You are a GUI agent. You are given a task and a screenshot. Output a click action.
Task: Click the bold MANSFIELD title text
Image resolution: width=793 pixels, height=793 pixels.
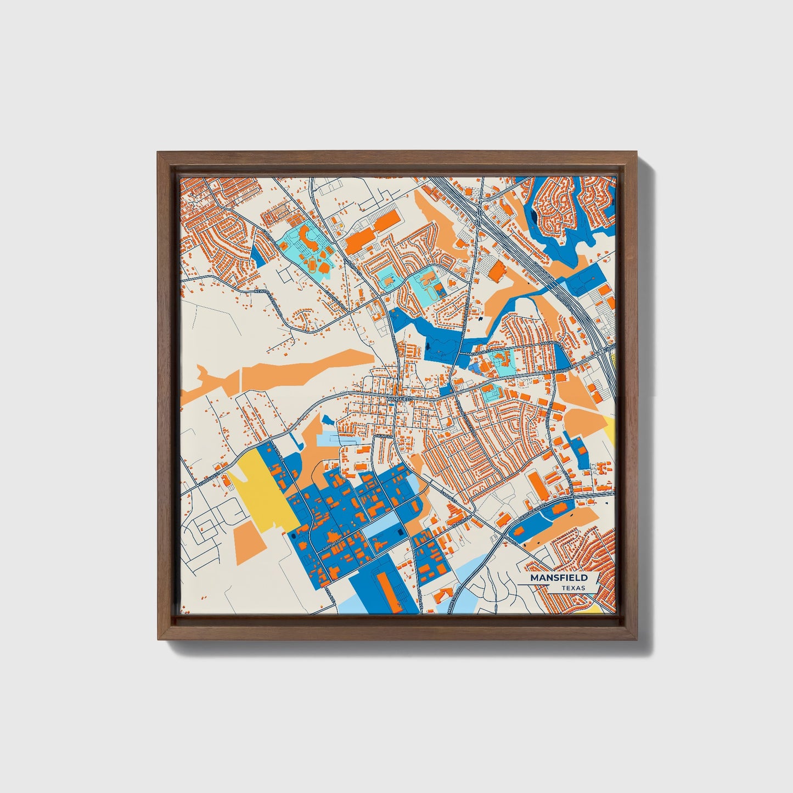559,578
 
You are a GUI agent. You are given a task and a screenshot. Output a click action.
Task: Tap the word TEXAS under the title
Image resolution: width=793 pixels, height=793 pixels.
573,588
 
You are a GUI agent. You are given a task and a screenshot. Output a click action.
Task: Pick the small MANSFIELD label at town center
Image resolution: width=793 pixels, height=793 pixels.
399,399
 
